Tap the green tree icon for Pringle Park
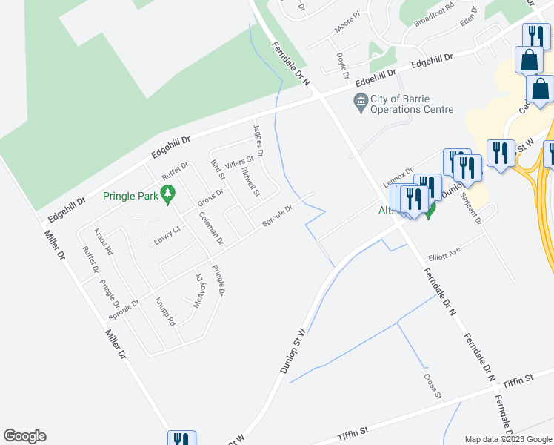pos(169,195)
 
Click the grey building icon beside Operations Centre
pos(361,101)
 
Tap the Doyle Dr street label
pos(342,65)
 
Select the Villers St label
pos(239,160)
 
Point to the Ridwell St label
pos(250,182)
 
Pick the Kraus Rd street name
pos(104,243)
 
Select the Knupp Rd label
pos(165,311)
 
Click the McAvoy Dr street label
pos(198,291)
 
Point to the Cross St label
pos(433,386)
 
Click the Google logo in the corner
pos(24,436)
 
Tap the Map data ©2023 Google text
pos(508,439)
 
